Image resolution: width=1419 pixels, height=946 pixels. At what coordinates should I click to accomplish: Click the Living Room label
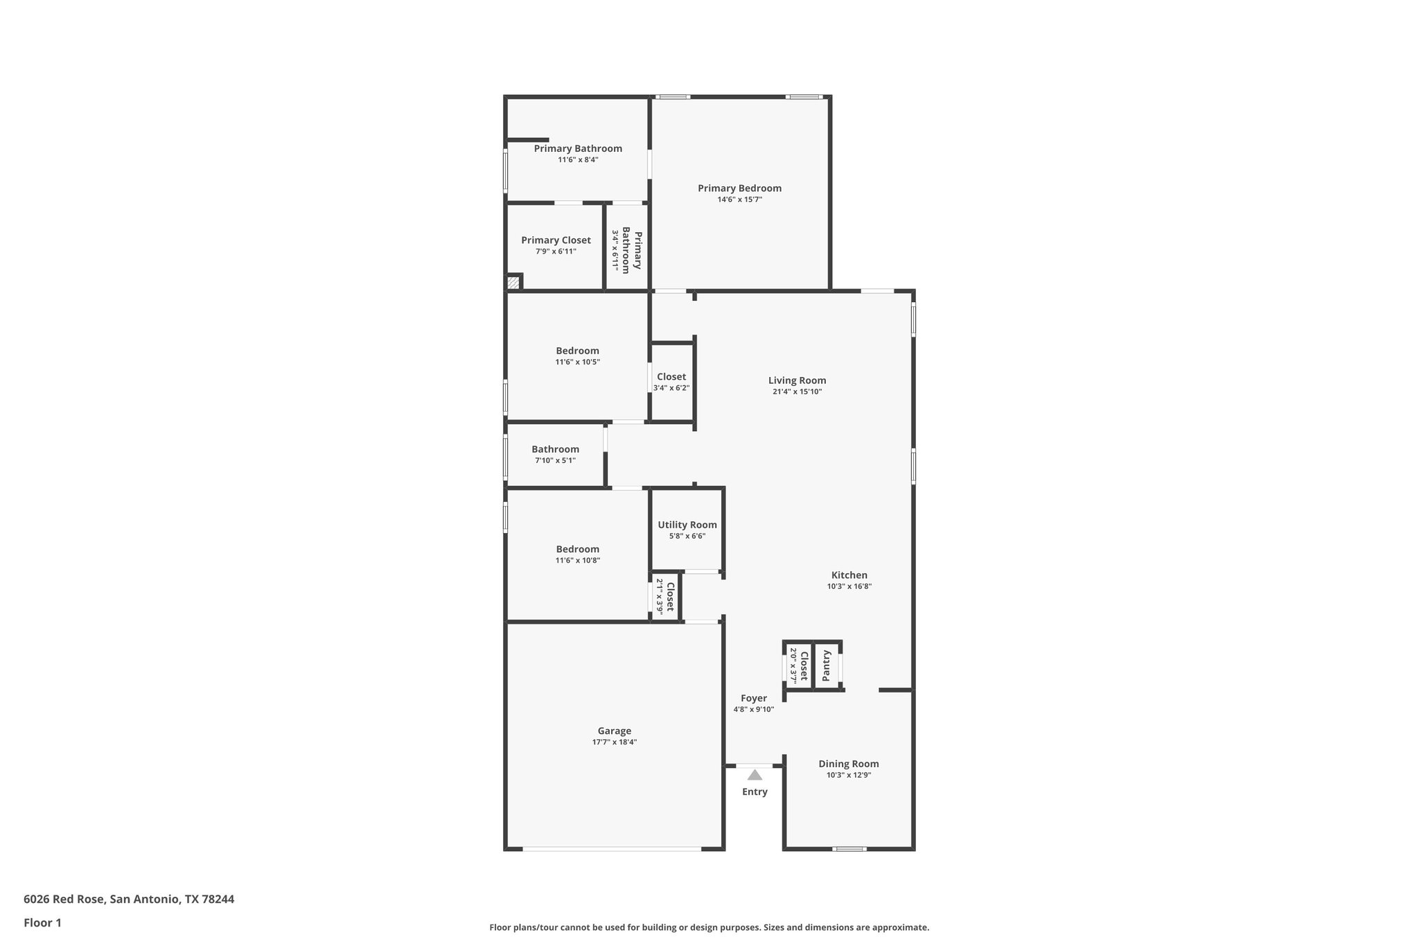coord(797,380)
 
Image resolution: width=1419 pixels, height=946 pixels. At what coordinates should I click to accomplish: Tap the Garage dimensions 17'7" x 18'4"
coord(615,742)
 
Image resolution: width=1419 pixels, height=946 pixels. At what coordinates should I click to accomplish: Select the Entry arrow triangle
coord(755,775)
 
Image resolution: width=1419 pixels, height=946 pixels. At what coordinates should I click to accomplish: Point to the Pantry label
coord(826,665)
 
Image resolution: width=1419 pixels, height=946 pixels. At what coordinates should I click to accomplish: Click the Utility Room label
coord(687,525)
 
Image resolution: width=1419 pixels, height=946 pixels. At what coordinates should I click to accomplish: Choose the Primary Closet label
coord(556,240)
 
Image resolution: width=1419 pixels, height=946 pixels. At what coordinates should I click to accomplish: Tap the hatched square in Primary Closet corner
coord(513,283)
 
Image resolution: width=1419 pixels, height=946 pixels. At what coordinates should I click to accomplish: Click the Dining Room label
coord(848,764)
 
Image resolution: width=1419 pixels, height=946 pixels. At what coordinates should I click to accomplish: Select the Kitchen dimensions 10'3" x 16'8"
coord(849,586)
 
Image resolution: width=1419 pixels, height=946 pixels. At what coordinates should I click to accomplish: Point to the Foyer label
coord(754,699)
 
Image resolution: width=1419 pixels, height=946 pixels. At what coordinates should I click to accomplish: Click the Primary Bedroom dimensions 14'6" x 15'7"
coord(739,200)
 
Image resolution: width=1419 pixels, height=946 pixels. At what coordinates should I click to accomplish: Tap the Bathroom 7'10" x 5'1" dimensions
coord(555,461)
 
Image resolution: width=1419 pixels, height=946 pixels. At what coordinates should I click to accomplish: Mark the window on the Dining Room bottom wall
coord(849,848)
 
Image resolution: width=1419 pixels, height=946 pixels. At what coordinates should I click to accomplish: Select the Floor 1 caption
coord(42,922)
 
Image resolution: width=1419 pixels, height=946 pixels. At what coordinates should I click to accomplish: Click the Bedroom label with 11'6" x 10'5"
coord(577,351)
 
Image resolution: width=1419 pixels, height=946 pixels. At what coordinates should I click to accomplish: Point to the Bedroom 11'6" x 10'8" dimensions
coord(577,561)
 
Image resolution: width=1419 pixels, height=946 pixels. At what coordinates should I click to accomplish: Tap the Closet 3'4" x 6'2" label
coord(671,377)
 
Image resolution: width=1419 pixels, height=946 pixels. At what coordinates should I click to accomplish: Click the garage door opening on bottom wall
coord(612,848)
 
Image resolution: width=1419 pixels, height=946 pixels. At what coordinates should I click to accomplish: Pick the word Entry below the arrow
coord(755,792)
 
